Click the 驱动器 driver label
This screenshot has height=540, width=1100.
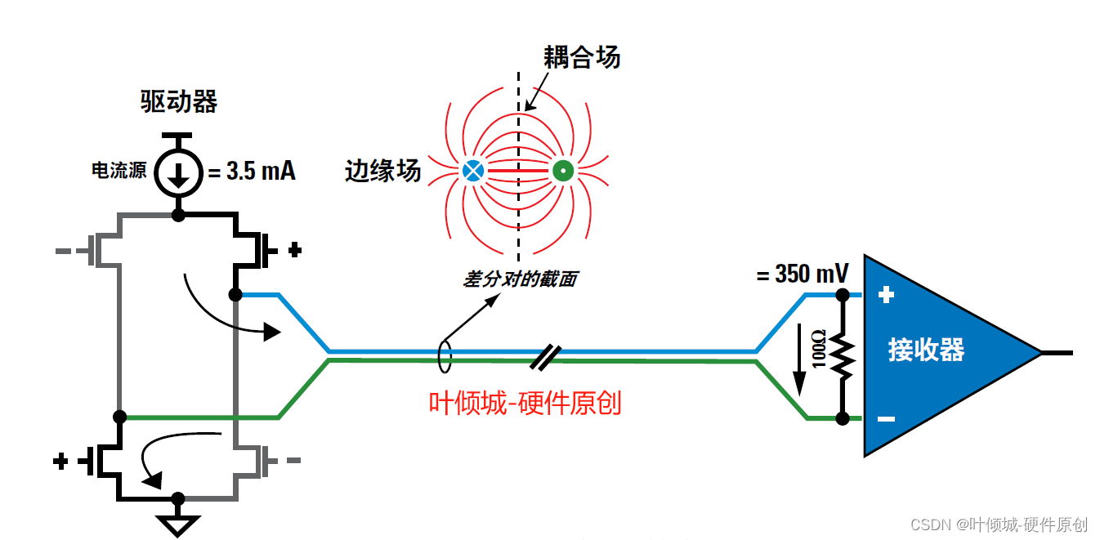pyautogui.click(x=179, y=101)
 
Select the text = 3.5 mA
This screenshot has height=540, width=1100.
pyautogui.click(x=250, y=172)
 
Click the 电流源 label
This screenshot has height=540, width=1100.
pyautogui.click(x=119, y=171)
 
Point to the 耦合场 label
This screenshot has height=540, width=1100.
pyautogui.click(x=582, y=57)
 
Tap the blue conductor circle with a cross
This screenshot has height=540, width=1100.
pyautogui.click(x=472, y=171)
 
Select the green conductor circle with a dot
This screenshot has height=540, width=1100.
pyautogui.click(x=562, y=171)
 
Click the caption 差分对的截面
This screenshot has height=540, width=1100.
pyautogui.click(x=520, y=279)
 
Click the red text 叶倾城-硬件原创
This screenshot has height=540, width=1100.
pyautogui.click(x=525, y=403)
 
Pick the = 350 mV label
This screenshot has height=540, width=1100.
pyautogui.click(x=803, y=273)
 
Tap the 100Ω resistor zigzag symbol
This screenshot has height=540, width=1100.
pyautogui.click(x=842, y=356)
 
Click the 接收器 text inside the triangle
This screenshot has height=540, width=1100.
pyautogui.click(x=926, y=350)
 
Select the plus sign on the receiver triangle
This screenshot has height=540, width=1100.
pyautogui.click(x=886, y=295)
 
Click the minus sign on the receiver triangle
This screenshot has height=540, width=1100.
pyautogui.click(x=886, y=419)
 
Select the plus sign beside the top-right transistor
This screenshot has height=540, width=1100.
pyautogui.click(x=295, y=248)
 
